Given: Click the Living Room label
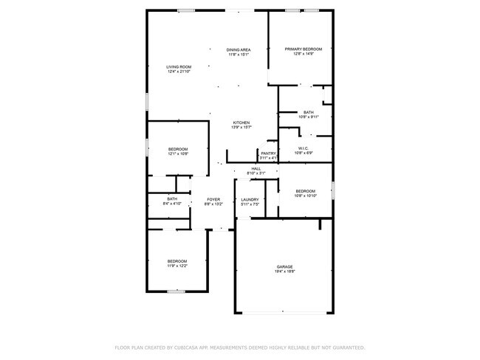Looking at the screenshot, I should tap(179, 67).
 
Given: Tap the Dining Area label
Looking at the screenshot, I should tap(239, 49).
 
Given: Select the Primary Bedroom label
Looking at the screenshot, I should tap(304, 49).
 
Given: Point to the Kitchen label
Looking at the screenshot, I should tap(241, 122).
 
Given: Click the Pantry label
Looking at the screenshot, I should tap(268, 153).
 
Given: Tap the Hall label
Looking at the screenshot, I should tap(256, 169).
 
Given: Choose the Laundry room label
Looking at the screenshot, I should tap(250, 199).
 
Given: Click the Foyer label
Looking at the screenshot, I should tap(213, 199).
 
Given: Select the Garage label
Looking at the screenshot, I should tap(285, 266).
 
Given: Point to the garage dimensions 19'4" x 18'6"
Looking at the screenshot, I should tap(285, 271).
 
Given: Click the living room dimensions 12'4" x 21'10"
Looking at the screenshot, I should tap(179, 72).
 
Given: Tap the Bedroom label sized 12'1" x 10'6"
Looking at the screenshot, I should tap(178, 149).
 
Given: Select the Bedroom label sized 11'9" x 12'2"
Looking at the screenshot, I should tap(176, 261).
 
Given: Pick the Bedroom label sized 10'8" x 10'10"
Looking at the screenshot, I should tap(306, 190).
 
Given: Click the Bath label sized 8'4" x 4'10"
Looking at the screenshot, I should tap(172, 198).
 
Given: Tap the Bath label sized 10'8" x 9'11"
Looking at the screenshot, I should tap(308, 112).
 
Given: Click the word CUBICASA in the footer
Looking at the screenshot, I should tap(191, 347).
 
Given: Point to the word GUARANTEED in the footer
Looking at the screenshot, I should tap(346, 347).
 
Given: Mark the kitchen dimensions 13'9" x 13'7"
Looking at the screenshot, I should tap(241, 128).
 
